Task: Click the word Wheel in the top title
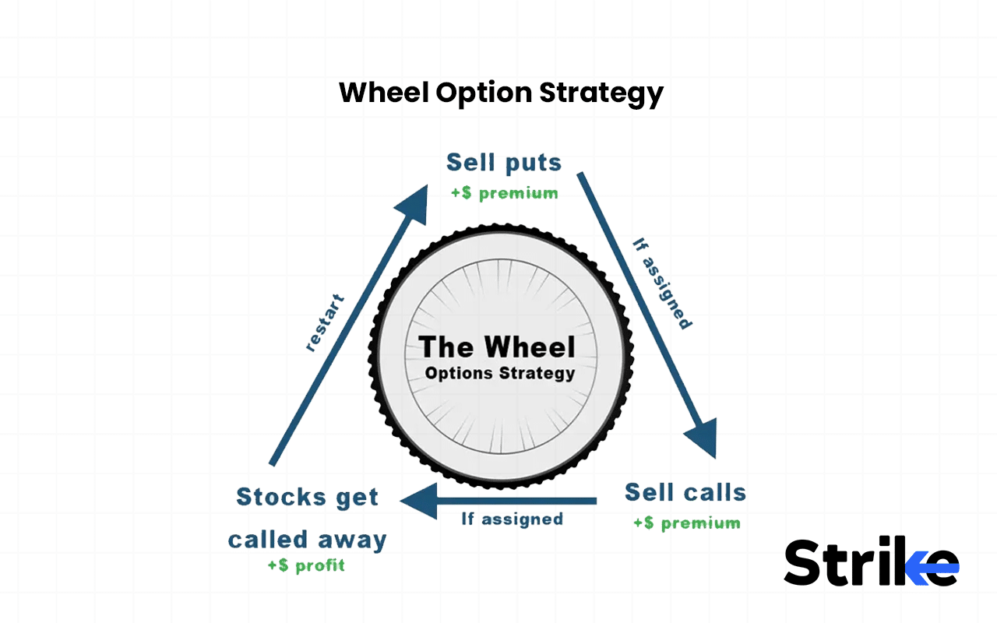[x=384, y=93]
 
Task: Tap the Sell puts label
[x=503, y=163]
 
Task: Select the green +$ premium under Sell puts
[x=504, y=193]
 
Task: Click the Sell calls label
[x=685, y=492]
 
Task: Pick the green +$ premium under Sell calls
[x=686, y=523]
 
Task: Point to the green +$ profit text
[x=306, y=565]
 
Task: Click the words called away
[x=307, y=540]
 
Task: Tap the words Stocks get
[x=307, y=497]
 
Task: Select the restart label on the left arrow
[x=324, y=322]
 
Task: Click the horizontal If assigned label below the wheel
[x=512, y=519]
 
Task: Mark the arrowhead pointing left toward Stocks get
[x=417, y=501]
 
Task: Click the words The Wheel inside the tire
[x=497, y=347]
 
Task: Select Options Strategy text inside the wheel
[x=499, y=373]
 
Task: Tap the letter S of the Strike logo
[x=805, y=563]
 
